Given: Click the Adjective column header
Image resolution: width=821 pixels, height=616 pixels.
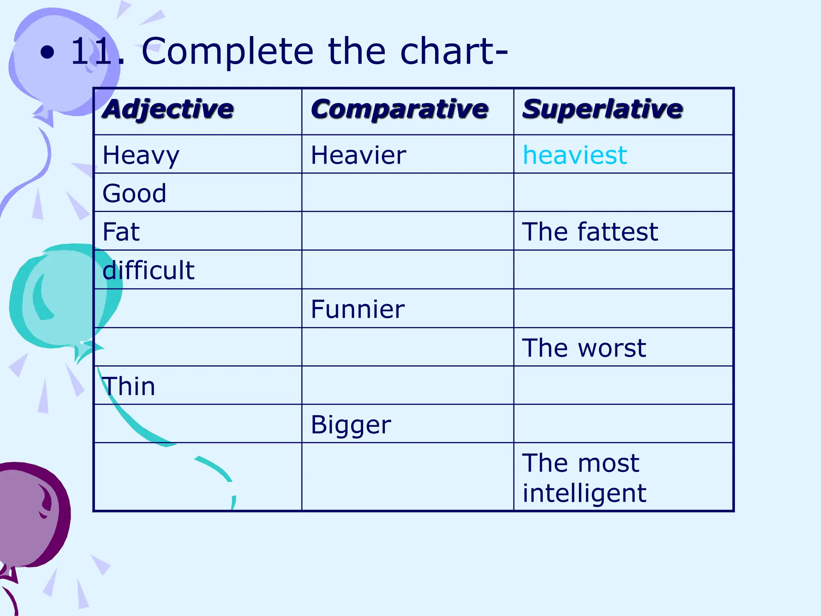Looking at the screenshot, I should (x=168, y=109).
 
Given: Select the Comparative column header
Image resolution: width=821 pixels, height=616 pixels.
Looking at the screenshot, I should (x=399, y=109).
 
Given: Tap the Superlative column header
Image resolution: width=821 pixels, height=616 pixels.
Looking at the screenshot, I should (x=602, y=109).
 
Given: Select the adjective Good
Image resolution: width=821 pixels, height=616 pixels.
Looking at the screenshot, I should (x=134, y=193).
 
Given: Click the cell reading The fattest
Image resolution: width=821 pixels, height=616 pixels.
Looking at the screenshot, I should (x=590, y=232).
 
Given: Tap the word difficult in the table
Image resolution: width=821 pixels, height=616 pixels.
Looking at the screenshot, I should (x=148, y=270).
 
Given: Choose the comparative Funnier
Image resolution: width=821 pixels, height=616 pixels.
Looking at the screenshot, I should (x=358, y=309).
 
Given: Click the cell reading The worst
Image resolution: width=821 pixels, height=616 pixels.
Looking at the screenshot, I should (x=584, y=348).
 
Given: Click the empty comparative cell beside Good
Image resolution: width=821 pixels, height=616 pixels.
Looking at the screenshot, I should (x=407, y=192).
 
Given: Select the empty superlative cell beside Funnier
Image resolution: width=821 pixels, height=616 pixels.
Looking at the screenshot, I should (x=623, y=308).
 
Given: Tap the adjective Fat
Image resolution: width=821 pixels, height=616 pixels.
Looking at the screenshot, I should (x=121, y=232).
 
